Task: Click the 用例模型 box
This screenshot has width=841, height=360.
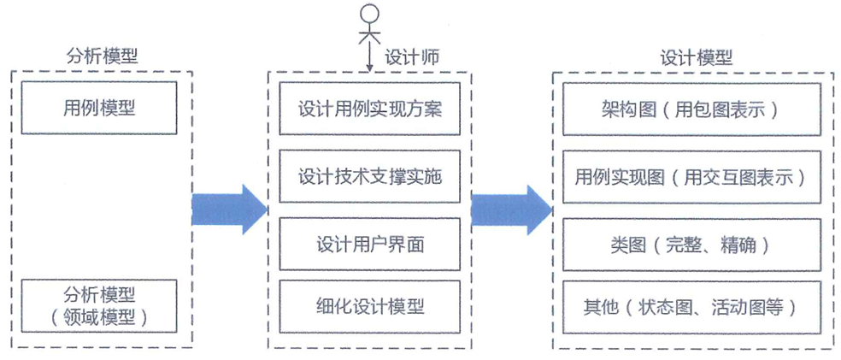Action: tap(99, 108)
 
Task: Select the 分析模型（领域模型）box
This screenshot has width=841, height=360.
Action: tap(99, 306)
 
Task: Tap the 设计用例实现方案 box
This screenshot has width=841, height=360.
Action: tap(369, 109)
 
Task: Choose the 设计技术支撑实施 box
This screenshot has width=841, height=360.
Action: tap(369, 177)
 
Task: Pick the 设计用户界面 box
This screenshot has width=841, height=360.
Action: tap(369, 244)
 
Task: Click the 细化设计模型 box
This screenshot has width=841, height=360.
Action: tap(369, 306)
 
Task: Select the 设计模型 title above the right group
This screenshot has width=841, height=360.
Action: tap(696, 57)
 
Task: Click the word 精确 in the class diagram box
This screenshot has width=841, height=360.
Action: tap(737, 245)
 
